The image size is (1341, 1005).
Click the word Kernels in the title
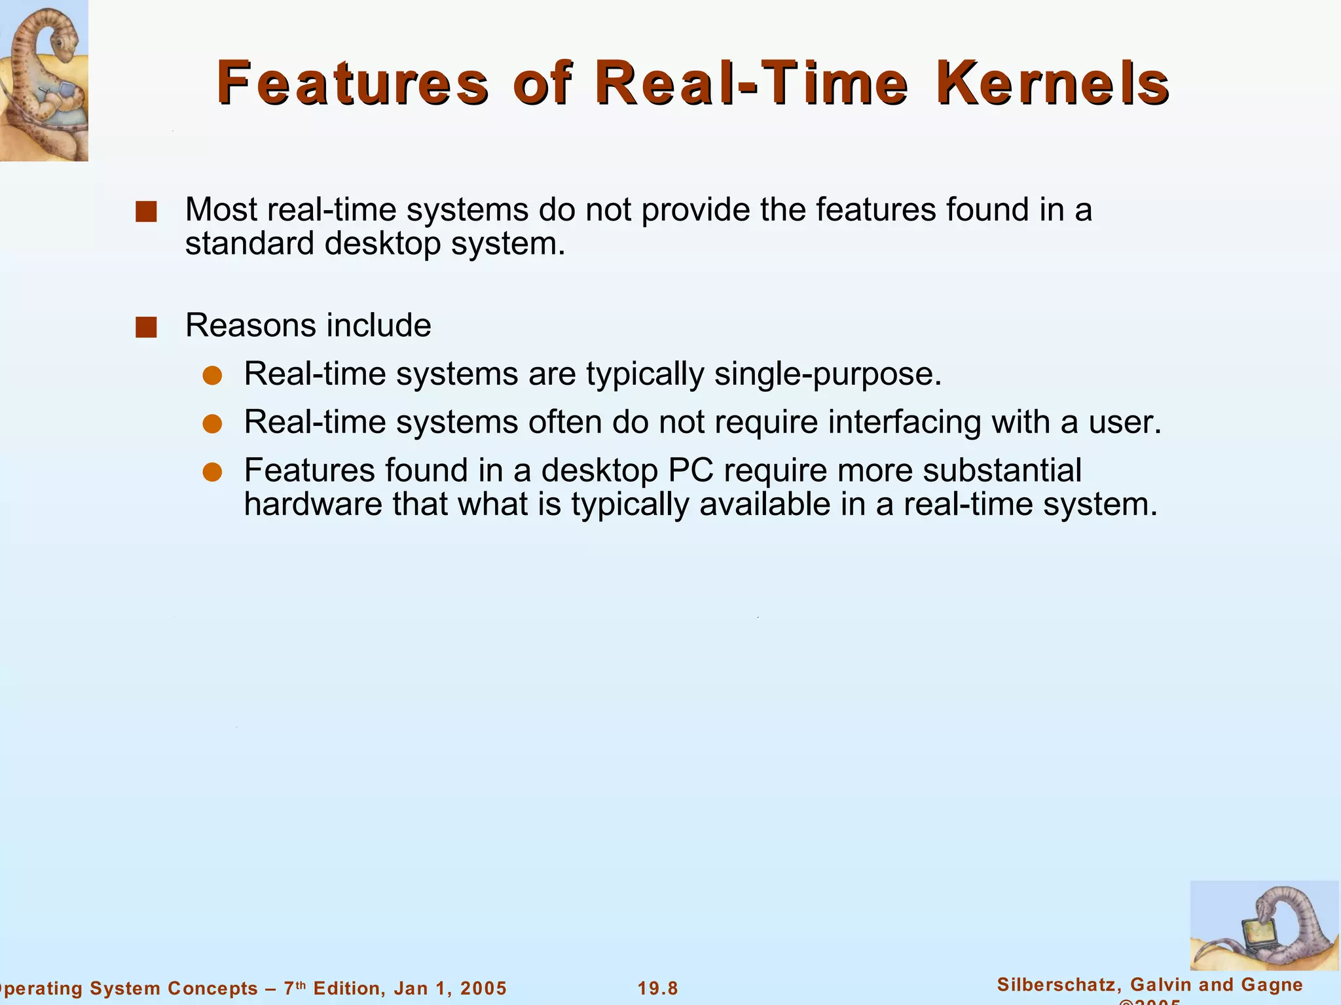tap(1053, 83)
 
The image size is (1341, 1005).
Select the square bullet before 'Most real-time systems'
tap(146, 212)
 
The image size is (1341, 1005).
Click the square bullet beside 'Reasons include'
tap(146, 327)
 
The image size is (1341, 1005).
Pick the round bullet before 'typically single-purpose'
tap(212, 376)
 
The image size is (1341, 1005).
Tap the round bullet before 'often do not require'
tap(212, 424)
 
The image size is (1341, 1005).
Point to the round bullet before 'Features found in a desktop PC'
tap(212, 472)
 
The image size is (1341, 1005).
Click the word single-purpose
tap(828, 374)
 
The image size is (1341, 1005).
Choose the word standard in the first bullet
tap(249, 244)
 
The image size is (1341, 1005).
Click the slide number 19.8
tap(658, 989)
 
